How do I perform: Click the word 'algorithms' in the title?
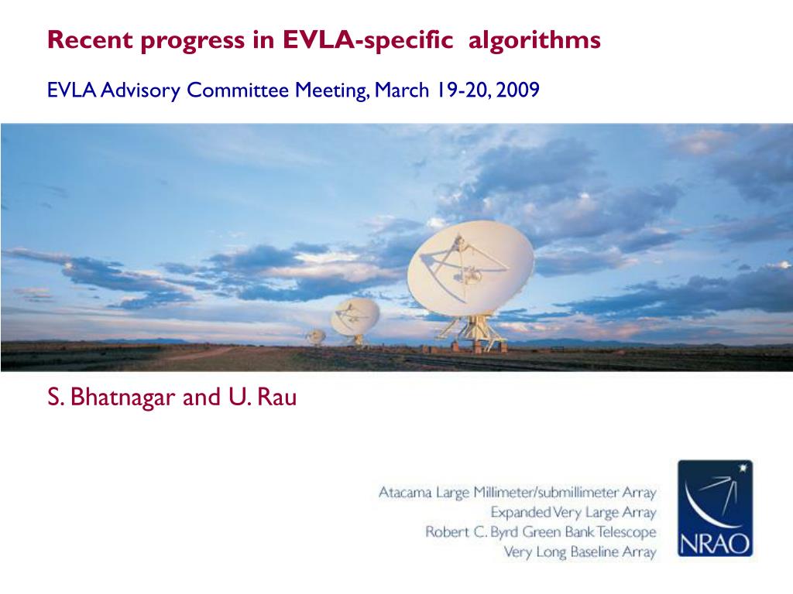(x=534, y=41)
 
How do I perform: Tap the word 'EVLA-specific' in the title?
(x=368, y=41)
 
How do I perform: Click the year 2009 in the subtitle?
(x=518, y=90)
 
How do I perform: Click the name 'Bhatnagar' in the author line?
(x=122, y=398)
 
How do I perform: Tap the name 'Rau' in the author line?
(x=276, y=397)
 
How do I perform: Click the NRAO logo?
(x=715, y=508)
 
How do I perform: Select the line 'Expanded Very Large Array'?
(x=573, y=512)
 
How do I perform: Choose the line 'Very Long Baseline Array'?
(x=579, y=551)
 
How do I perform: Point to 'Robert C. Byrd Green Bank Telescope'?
(x=541, y=532)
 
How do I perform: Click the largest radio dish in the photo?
(x=470, y=268)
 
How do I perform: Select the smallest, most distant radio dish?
(x=316, y=336)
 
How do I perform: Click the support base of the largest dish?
(x=473, y=333)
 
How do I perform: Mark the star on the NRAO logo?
(x=743, y=468)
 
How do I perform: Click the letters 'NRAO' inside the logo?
(x=715, y=544)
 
